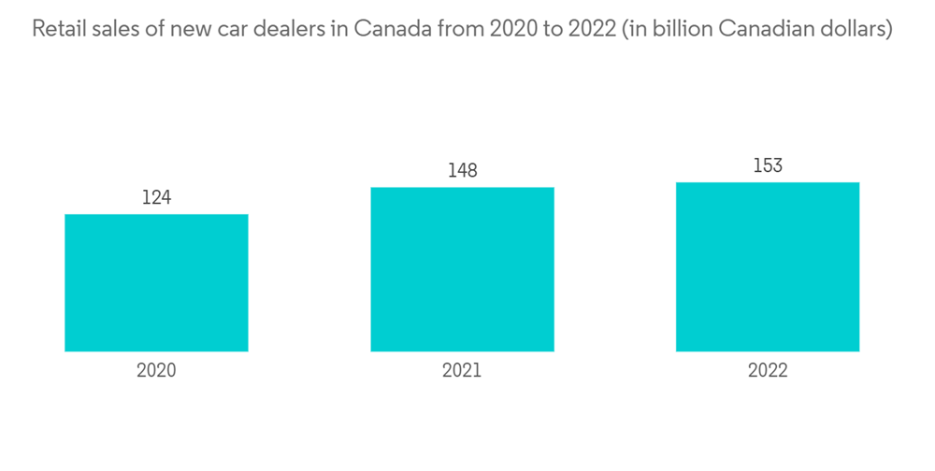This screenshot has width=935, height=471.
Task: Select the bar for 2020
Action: (156, 282)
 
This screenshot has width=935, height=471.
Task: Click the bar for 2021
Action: (462, 269)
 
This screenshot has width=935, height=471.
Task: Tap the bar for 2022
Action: (768, 266)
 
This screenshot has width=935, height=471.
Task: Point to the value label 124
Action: (156, 197)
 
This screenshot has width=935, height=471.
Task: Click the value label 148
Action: (462, 170)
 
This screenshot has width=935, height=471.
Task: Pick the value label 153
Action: (768, 165)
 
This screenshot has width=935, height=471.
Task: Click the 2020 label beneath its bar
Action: (156, 370)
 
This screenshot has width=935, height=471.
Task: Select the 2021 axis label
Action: (462, 370)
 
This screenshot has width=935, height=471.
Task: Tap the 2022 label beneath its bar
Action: (768, 370)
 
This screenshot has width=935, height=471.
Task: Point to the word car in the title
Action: (241, 30)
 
